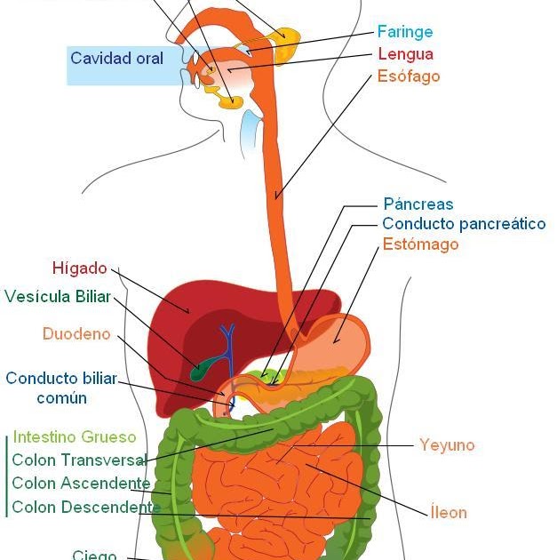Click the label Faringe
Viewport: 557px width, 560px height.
tap(405, 32)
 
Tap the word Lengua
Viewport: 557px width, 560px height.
tap(405, 54)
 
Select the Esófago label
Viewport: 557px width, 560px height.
tap(409, 76)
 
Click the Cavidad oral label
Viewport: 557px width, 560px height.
tap(116, 59)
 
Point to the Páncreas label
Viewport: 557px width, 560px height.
tap(418, 204)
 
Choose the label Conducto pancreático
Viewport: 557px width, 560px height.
tap(464, 224)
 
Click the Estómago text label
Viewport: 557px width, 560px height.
tap(420, 244)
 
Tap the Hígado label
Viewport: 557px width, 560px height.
tap(80, 268)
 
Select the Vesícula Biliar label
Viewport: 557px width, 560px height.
tap(58, 297)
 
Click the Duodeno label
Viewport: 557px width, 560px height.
tap(76, 334)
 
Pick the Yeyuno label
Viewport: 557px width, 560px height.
tap(447, 445)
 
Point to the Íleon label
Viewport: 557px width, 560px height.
tap(448, 512)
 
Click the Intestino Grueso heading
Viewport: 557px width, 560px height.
tap(76, 437)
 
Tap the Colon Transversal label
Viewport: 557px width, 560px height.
tap(79, 460)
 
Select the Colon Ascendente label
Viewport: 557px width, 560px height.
tap(81, 484)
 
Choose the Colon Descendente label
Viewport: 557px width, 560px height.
tap(84, 508)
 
